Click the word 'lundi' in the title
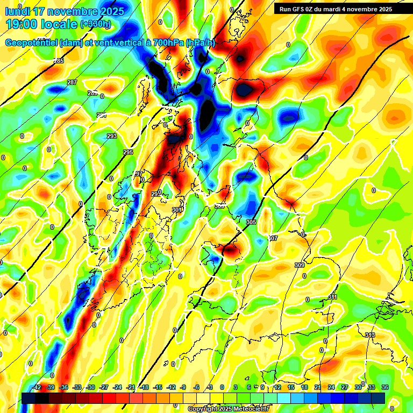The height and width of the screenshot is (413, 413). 19,11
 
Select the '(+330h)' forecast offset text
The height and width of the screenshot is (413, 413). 96,24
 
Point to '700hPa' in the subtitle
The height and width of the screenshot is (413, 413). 166,42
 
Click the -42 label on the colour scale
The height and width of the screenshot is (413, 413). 36,387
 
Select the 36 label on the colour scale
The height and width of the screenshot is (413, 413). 384,387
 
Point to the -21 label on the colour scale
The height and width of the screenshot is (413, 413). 131,387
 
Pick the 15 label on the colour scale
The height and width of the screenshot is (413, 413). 290,387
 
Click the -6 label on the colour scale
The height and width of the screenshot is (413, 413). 196,387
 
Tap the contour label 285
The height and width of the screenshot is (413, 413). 59,61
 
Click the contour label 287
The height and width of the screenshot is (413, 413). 72,82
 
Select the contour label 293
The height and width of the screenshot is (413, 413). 112,136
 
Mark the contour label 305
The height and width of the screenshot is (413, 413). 251,222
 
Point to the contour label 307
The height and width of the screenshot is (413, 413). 273,238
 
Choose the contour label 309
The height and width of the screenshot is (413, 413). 300,265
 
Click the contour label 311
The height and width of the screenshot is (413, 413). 332,297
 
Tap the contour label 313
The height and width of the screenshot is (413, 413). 369,335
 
